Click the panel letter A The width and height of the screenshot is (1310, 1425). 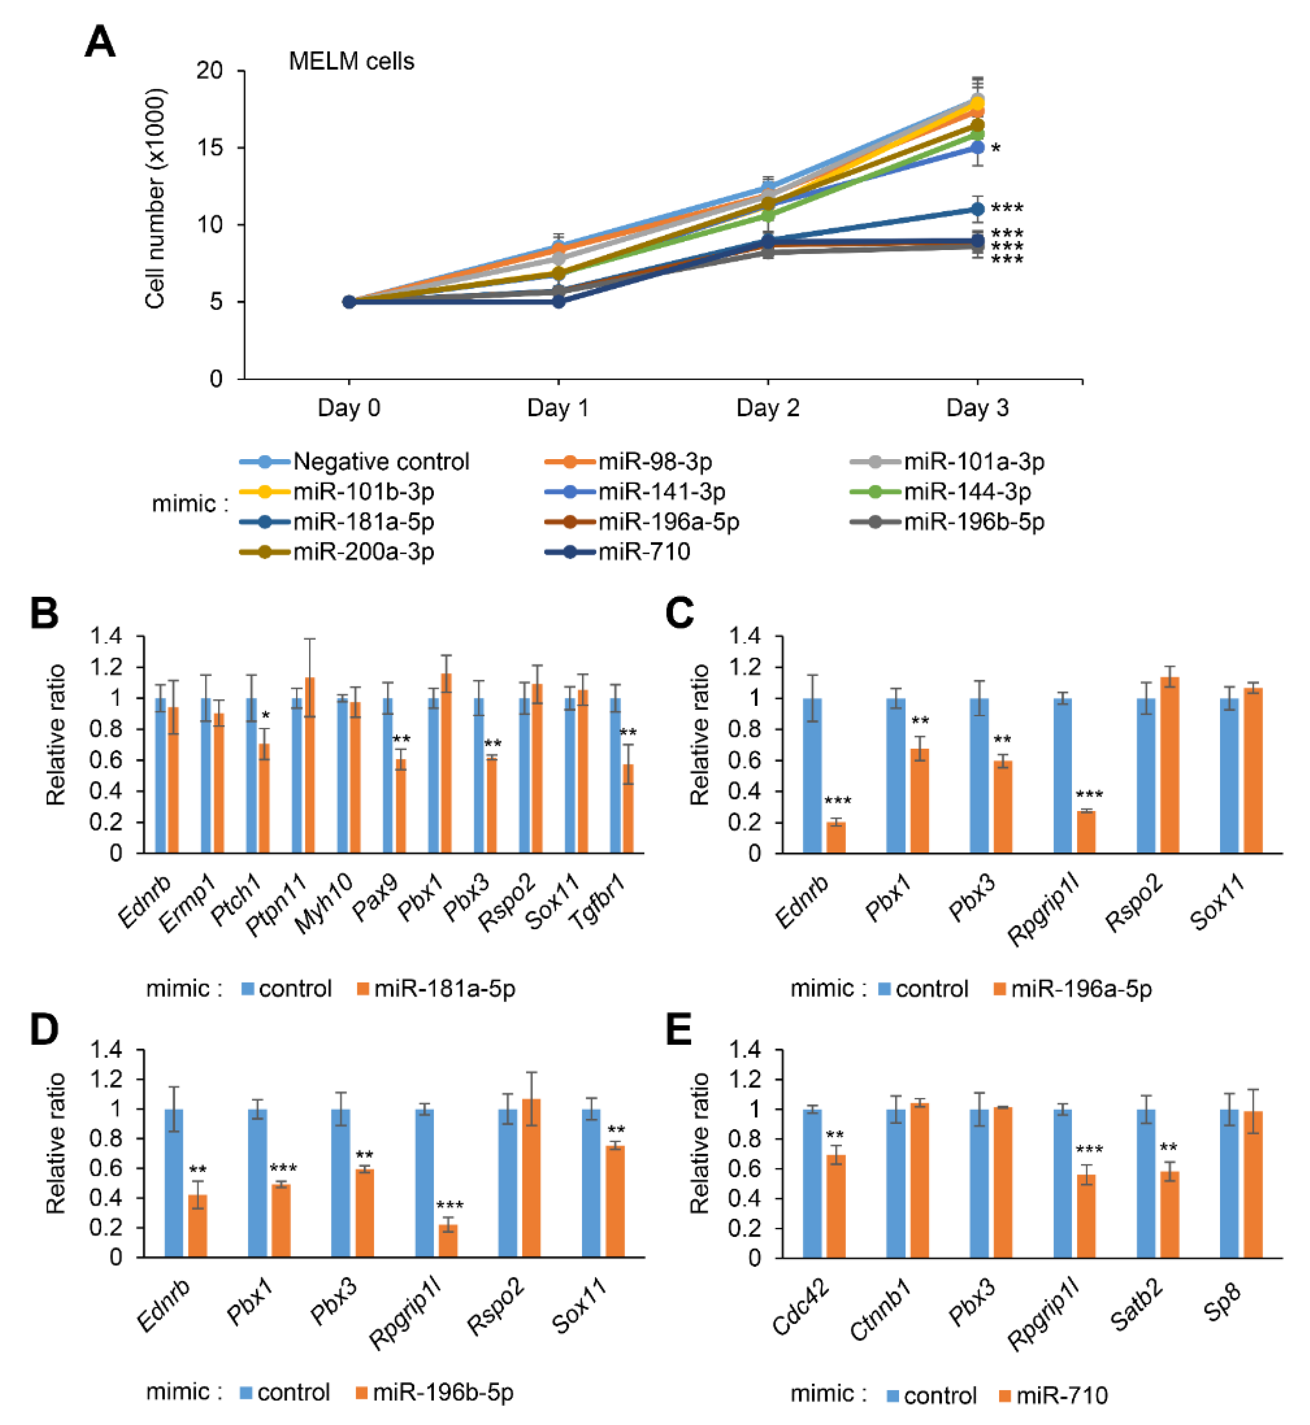click(x=100, y=42)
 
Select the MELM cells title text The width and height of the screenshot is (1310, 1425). click(x=351, y=62)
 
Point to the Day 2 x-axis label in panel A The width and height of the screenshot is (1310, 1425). click(x=768, y=408)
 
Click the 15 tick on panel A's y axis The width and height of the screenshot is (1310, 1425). click(x=209, y=148)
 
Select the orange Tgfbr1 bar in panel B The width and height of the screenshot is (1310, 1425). click(x=628, y=808)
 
